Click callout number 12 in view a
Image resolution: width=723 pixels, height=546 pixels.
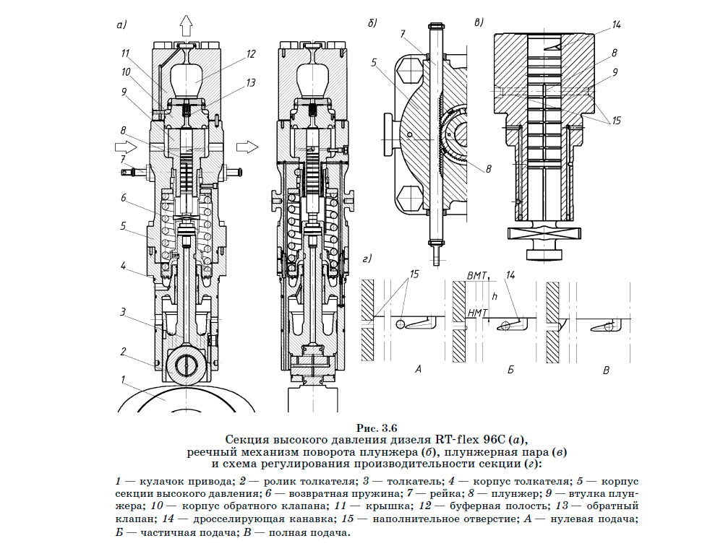tap(251, 53)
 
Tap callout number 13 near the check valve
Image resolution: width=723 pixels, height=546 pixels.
tap(251, 83)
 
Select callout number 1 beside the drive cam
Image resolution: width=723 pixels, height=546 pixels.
tap(124, 378)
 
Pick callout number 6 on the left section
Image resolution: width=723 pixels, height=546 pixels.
tap(124, 198)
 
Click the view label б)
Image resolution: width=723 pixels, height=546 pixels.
tap(373, 23)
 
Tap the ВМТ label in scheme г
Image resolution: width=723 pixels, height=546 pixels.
tap(478, 276)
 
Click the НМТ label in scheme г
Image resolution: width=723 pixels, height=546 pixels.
tap(478, 312)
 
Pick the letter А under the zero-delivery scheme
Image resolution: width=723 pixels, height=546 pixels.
tap(418, 370)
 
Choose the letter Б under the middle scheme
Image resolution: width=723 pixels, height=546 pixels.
tap(510, 370)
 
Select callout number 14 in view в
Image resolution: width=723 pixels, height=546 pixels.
tap(616, 24)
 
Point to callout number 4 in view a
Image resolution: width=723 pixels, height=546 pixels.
tap(124, 267)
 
